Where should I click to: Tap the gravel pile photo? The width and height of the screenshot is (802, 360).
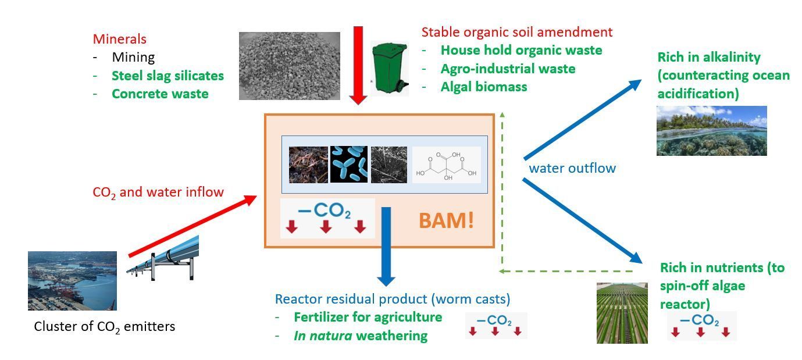point(289,66)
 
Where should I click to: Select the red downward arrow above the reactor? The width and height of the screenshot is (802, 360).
point(358,65)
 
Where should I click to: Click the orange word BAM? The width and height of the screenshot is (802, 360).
point(446,221)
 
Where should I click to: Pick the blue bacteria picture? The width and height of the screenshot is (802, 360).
point(349,165)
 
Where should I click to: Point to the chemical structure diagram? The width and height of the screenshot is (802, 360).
point(446,165)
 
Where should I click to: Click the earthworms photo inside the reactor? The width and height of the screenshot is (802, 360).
point(308,165)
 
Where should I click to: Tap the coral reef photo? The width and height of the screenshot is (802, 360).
point(711,131)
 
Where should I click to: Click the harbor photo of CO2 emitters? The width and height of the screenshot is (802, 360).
point(72,281)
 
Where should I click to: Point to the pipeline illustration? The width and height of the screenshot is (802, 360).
point(163,259)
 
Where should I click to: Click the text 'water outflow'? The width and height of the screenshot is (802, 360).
point(572,169)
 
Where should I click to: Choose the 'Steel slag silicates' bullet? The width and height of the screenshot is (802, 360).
point(167,76)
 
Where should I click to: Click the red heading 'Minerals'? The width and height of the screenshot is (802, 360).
point(119,40)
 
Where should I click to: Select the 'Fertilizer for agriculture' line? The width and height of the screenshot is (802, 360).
point(368,318)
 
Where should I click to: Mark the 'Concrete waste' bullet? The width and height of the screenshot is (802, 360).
point(160,94)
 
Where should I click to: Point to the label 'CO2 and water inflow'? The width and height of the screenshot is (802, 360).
point(158,193)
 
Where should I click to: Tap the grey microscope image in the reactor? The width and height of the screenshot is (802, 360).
point(389,165)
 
